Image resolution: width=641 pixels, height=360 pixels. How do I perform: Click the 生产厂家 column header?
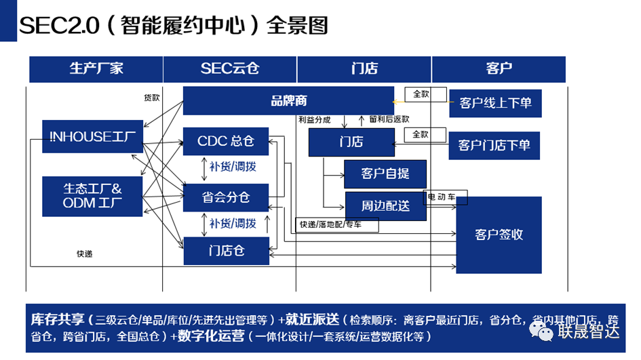click(96, 69)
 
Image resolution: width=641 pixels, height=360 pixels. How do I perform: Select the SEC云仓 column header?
click(230, 69)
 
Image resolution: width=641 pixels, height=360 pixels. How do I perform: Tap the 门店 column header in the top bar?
click(364, 69)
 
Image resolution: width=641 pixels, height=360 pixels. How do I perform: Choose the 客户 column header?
click(499, 69)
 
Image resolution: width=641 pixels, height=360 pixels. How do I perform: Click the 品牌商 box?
click(288, 101)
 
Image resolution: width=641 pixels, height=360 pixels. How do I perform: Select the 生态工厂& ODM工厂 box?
click(92, 196)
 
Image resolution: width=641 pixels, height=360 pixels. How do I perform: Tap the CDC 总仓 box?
click(226, 142)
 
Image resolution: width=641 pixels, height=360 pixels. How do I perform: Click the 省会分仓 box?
click(226, 197)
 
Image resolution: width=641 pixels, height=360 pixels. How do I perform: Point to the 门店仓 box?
click(226, 251)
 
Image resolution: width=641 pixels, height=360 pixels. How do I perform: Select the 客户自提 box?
click(385, 174)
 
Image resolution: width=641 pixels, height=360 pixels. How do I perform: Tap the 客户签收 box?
click(499, 235)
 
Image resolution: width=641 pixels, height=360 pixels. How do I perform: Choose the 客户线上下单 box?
click(495, 103)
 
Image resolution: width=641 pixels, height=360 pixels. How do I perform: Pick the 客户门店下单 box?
click(494, 145)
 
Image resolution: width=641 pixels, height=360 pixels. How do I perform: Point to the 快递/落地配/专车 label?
click(330, 224)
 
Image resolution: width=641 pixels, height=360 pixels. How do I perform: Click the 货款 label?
click(151, 98)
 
